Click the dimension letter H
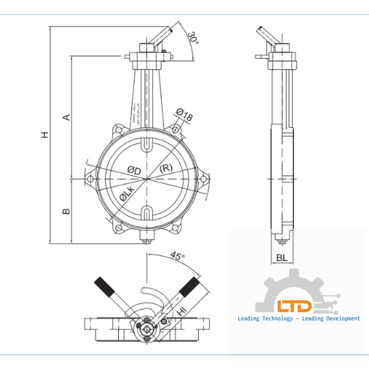tap(44, 135)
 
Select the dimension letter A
tap(66, 117)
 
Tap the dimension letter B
tap(66, 211)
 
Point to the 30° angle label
tap(194, 38)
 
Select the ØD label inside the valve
tap(134, 170)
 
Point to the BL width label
tap(282, 258)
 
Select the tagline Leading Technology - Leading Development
tap(299, 319)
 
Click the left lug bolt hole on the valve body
tap(90, 180)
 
